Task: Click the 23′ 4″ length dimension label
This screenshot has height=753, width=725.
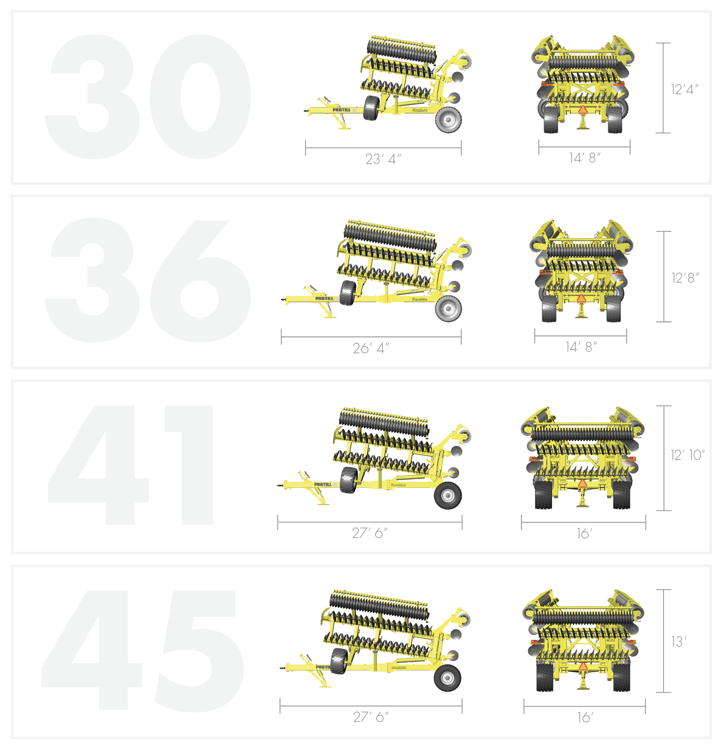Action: [x=383, y=159]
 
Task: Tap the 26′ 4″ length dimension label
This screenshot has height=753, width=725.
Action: [x=371, y=348]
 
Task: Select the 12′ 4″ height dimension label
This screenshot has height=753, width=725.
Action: [x=684, y=89]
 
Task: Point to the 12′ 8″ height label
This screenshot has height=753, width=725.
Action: [x=685, y=278]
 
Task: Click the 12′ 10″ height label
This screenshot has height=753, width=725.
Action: [x=687, y=455]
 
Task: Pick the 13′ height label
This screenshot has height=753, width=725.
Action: [x=678, y=641]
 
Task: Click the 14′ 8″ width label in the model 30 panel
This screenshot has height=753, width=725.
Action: [x=584, y=158]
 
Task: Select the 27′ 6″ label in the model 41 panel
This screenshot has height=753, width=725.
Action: [x=370, y=533]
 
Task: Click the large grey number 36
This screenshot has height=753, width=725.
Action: [x=148, y=280]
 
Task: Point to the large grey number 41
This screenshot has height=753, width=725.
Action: [x=131, y=465]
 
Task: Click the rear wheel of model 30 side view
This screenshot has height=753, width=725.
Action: [x=448, y=120]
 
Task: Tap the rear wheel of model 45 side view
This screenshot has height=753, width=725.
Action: [x=447, y=678]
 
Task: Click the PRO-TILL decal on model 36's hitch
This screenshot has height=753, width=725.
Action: [x=324, y=299]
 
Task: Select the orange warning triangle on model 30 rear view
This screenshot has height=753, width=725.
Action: [x=583, y=110]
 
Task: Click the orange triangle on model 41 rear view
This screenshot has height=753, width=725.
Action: [x=582, y=483]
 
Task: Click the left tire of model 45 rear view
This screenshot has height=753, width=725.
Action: [x=545, y=677]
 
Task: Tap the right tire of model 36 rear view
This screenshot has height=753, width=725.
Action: [x=613, y=309]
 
